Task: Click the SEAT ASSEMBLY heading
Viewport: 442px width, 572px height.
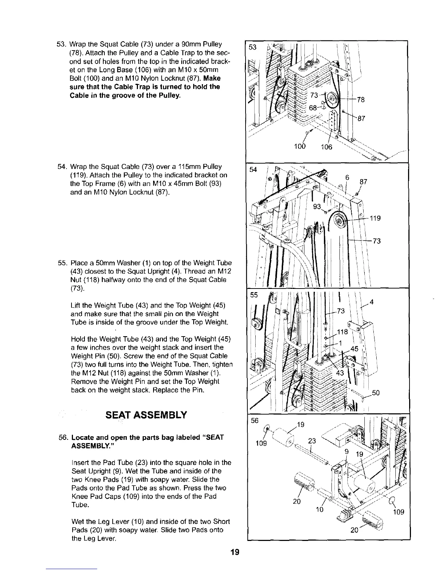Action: [146, 415]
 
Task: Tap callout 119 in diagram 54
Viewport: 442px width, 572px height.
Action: [376, 218]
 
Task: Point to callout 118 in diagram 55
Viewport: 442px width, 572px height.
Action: [342, 332]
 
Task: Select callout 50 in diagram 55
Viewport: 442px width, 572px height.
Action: [376, 393]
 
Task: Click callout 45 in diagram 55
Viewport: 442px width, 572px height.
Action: [354, 349]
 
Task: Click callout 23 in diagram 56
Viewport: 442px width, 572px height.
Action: [312, 441]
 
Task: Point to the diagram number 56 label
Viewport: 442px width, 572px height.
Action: [255, 421]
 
